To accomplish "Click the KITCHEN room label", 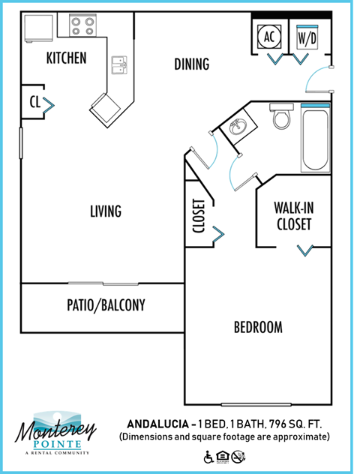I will [x=66, y=58].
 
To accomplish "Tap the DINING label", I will [x=191, y=64].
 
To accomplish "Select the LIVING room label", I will [x=105, y=211].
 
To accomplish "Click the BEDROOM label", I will [x=258, y=328].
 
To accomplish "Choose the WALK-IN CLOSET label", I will [x=292, y=215].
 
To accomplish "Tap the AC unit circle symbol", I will [x=269, y=35].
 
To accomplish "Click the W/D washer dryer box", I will [x=306, y=35].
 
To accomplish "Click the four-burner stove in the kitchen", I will [x=82, y=26].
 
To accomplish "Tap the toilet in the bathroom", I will [x=282, y=118].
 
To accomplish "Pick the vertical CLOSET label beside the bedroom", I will [x=199, y=216].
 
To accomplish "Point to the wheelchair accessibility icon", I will [x=208, y=455].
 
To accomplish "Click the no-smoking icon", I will [x=237, y=455].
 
